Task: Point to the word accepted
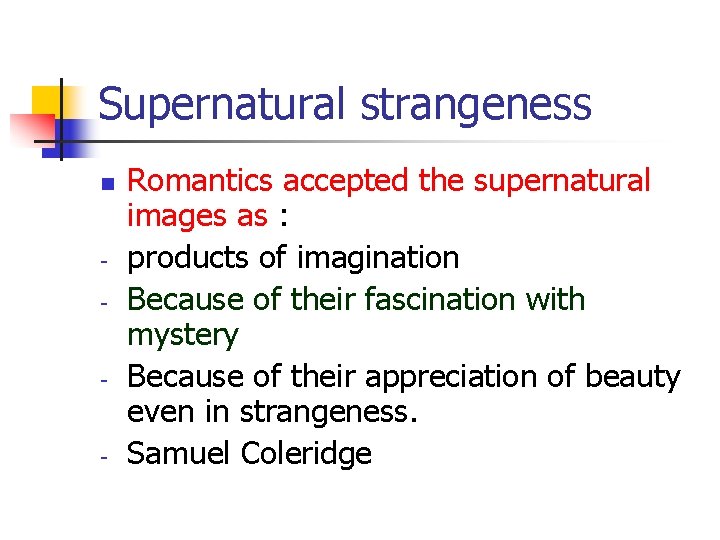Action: click(334, 181)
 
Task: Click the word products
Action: click(189, 259)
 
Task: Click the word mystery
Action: click(183, 335)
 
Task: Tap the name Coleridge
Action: click(307, 454)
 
